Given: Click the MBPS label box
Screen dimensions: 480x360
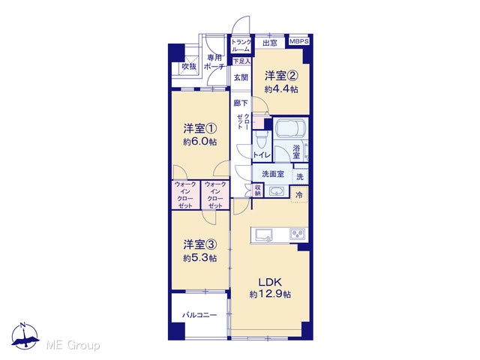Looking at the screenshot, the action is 298,41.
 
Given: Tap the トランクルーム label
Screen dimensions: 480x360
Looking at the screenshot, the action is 241,46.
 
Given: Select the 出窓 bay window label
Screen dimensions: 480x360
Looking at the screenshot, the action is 270,43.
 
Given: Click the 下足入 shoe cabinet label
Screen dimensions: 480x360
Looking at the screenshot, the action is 241,61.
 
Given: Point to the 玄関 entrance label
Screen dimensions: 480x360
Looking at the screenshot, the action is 241,77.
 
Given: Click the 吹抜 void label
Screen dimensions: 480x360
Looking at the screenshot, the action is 189,66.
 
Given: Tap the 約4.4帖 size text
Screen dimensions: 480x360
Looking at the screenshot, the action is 281,89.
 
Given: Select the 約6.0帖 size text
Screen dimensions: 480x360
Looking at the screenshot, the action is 200,142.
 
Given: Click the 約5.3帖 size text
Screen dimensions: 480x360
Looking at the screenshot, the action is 200,258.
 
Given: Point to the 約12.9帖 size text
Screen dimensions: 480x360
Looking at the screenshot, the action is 270,295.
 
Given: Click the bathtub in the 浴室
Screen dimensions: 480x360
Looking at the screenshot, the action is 290,127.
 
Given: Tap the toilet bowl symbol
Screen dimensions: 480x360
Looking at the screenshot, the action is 261,141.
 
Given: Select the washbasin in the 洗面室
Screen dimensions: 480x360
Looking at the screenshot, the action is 277,192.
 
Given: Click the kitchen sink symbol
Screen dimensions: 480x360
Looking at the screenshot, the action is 265,235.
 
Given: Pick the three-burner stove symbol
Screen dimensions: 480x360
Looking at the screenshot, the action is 297,234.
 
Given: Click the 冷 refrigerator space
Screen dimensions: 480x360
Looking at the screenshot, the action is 299,195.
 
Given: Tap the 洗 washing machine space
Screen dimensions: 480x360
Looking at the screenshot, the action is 300,177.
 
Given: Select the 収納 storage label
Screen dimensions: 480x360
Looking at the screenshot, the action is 258,190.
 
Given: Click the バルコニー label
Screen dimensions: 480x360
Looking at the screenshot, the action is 199,315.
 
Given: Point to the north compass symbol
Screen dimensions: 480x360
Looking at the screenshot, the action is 25,336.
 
